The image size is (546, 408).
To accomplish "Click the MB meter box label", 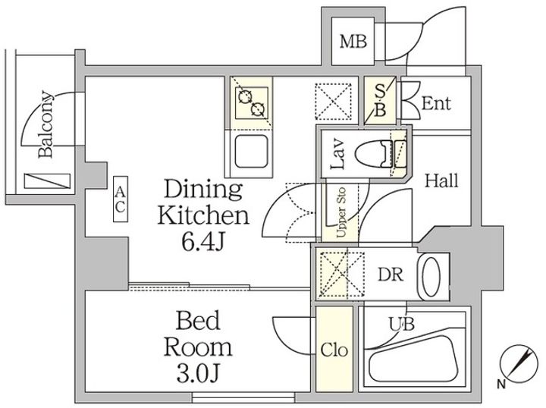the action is (x=353, y=42).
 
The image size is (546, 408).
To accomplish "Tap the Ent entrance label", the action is (x=436, y=103).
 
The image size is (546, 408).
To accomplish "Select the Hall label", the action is (x=441, y=181).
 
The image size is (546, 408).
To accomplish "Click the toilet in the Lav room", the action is (x=381, y=153).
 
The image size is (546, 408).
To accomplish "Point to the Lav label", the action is (x=338, y=155).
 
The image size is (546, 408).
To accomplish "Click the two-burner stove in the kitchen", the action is (x=252, y=102).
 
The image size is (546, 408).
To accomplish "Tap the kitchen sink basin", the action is (x=252, y=152).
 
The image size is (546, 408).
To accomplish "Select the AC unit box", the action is (x=121, y=199).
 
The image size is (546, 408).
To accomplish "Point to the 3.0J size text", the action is (x=197, y=373).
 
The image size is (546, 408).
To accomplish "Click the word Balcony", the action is (x=46, y=124).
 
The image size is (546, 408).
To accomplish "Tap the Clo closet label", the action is (x=334, y=350).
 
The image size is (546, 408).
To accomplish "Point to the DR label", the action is (x=391, y=275).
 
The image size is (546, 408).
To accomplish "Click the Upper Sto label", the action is (x=341, y=212).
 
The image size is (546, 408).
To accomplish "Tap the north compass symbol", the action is (x=516, y=363).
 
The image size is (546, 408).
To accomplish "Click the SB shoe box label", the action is (x=380, y=101).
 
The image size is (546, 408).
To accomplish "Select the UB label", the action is (x=401, y=325).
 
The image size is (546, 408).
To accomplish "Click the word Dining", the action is (x=203, y=190).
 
